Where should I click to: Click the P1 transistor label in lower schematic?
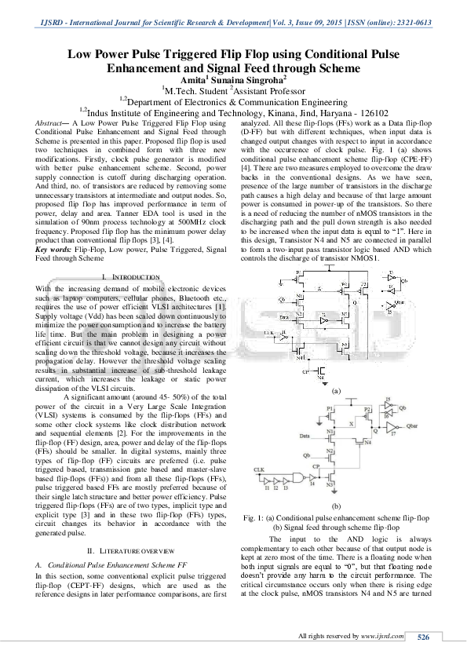330,410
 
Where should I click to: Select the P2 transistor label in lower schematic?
367,410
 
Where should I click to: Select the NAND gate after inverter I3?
298,477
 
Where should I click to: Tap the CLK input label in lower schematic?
259,469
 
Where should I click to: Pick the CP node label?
317,466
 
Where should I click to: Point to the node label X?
351,422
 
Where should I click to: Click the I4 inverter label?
312,486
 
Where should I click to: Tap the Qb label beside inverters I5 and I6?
403,409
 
